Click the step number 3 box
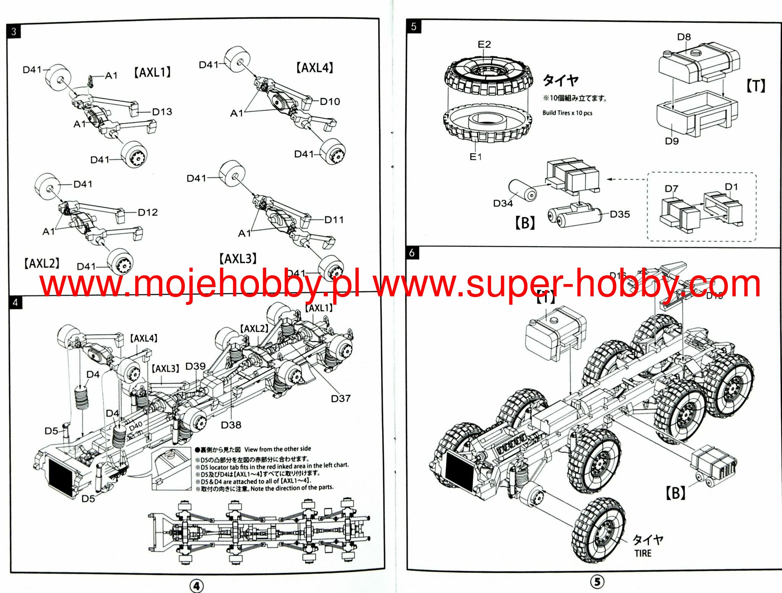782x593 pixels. pos(14,31)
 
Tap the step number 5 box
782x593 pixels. pos(414,26)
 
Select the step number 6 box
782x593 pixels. pos(412,253)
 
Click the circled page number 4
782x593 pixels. pos(197,586)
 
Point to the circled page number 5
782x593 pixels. pos(597,582)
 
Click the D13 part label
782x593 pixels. pos(162,112)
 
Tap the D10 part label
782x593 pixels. pos(330,101)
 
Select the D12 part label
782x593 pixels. pos(147,212)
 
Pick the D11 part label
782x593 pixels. pos(334,220)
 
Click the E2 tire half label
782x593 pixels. pos(484,44)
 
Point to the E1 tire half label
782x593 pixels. pos(476,156)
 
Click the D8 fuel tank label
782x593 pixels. pos(684,37)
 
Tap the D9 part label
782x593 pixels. pos(672,141)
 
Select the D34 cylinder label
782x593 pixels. pos(503,203)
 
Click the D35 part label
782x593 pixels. pos(620,214)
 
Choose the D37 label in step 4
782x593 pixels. pos(341,398)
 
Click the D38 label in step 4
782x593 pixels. pos(231,425)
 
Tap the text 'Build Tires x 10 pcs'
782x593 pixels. pos(567,113)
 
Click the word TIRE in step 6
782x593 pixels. pos(643,553)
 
